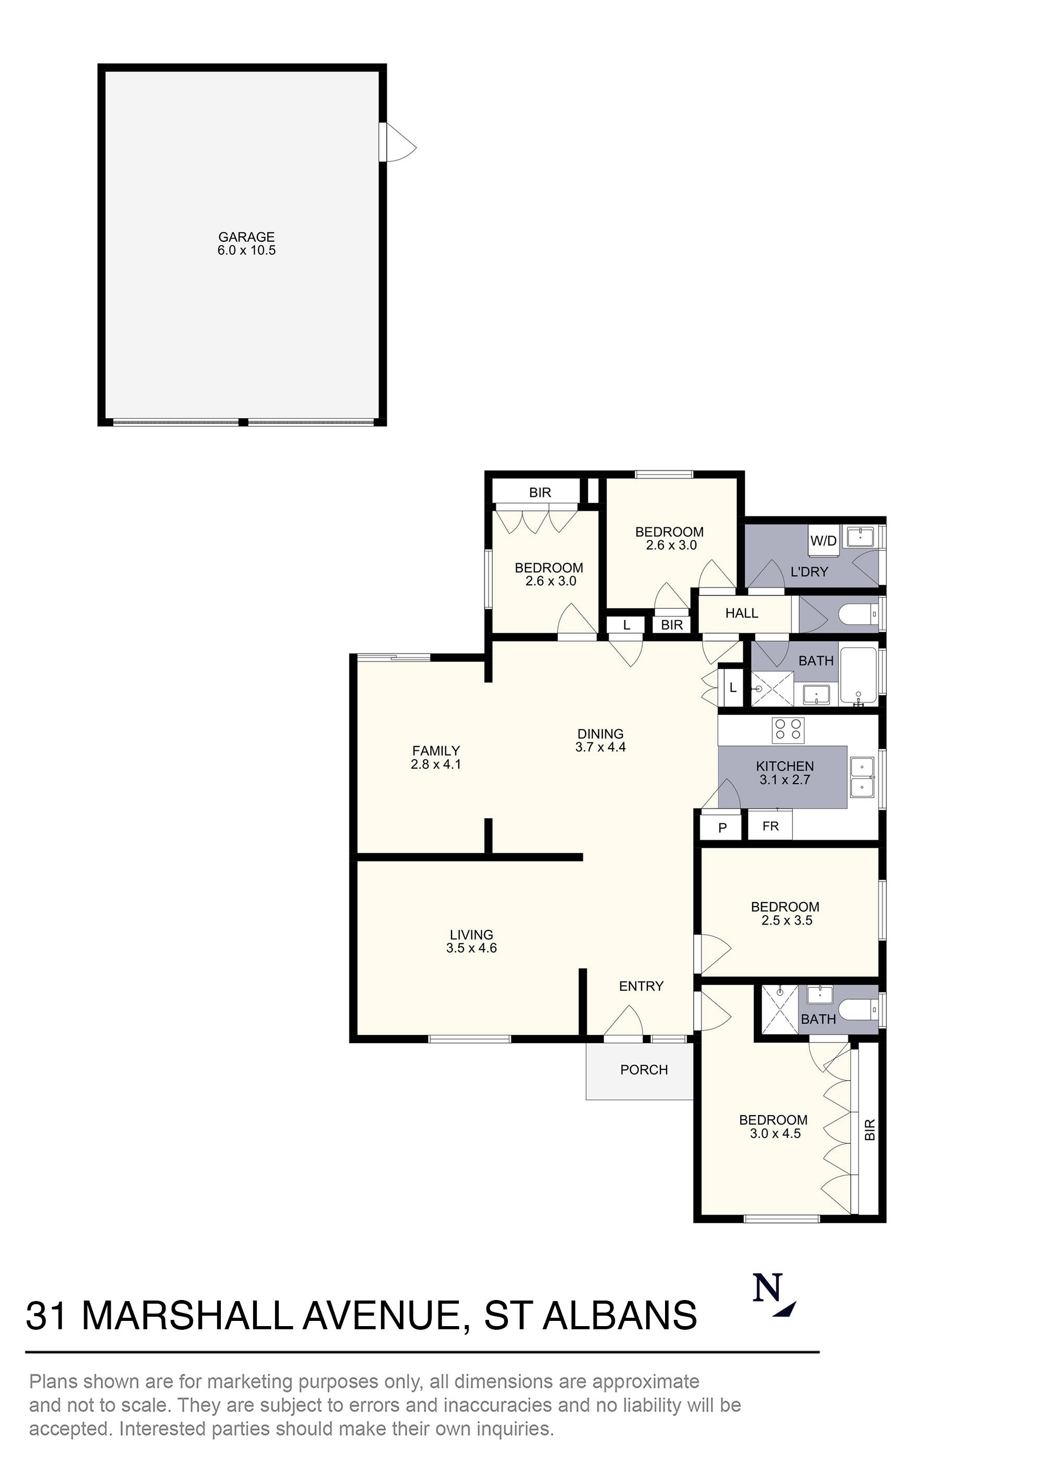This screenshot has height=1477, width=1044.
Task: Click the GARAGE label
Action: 246,237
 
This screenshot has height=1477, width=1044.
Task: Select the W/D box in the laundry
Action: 823,540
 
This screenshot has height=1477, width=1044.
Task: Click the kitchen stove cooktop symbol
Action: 788,730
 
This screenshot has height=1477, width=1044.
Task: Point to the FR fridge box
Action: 770,826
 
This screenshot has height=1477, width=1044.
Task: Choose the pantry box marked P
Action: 722,828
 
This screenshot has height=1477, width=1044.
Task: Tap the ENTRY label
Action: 640,986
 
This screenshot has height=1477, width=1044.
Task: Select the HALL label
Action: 741,613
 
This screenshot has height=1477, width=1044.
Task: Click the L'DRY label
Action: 809,572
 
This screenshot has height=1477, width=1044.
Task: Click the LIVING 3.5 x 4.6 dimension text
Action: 471,948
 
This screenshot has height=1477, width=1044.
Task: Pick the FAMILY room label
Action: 435,751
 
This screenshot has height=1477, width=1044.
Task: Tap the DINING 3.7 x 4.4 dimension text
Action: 600,747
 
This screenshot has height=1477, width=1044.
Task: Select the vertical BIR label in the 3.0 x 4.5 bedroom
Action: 870,1130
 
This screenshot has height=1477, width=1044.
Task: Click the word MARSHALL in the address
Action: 187,1316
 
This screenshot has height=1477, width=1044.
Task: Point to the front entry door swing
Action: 623,1022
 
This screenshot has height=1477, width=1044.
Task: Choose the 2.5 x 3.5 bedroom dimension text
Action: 786,920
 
